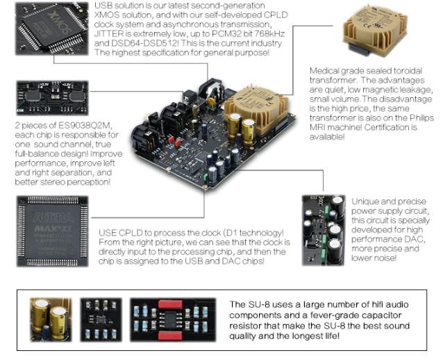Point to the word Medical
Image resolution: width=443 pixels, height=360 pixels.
point(324,72)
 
